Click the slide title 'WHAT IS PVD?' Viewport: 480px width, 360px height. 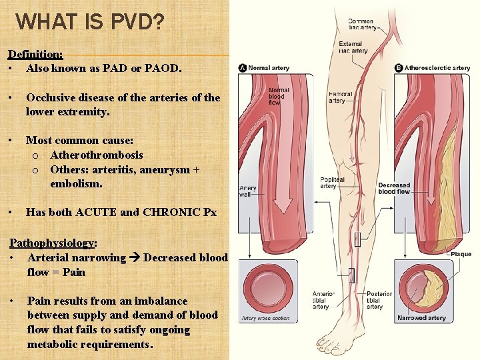pyautogui.click(x=89, y=21)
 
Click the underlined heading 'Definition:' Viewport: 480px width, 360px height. pyautogui.click(x=35, y=54)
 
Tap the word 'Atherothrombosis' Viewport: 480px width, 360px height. pyautogui.click(x=96, y=155)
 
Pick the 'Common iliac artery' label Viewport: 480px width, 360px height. pyautogui.click(x=361, y=25)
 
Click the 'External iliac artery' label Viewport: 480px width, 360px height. pyautogui.click(x=353, y=47)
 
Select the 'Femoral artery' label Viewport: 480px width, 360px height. pyautogui.click(x=340, y=97)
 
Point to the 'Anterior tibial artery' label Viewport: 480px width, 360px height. pyautogui.click(x=323, y=300)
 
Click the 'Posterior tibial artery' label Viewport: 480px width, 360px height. pyautogui.click(x=379, y=300)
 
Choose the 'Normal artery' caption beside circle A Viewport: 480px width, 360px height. pyautogui.click(x=269, y=68)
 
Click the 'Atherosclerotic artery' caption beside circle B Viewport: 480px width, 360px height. pyautogui.click(x=437, y=68)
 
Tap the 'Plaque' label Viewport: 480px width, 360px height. pyautogui.click(x=461, y=254)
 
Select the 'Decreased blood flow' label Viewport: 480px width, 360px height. pyautogui.click(x=394, y=188)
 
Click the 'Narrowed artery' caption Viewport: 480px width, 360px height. pyautogui.click(x=421, y=318)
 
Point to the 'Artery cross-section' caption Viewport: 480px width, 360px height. pyautogui.click(x=266, y=319)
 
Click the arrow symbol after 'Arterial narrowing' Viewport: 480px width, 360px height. pyautogui.click(x=135, y=258)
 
